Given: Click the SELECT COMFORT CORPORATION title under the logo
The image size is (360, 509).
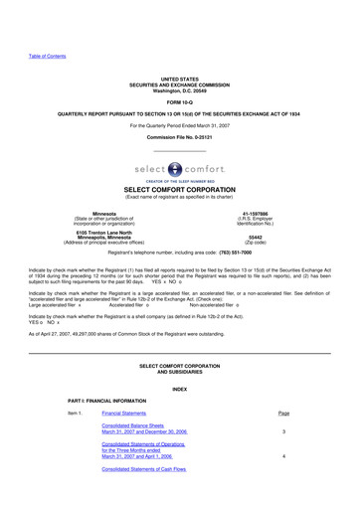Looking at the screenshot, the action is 179,189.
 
